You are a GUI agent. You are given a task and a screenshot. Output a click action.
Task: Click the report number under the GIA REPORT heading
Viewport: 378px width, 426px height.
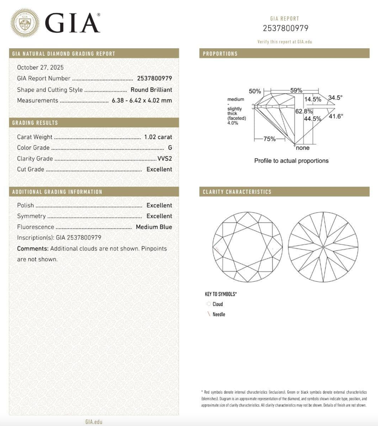(x=285, y=28)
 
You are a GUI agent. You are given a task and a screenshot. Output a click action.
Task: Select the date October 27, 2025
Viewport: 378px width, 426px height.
(x=40, y=67)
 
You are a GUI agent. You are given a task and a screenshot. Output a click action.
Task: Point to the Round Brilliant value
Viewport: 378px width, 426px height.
(x=151, y=90)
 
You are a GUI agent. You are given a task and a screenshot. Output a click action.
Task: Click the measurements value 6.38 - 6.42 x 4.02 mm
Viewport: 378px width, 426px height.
(x=142, y=100)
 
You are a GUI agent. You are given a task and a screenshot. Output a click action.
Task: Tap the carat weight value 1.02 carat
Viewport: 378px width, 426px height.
(x=158, y=137)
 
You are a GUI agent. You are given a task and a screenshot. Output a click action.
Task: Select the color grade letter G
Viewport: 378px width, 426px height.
(x=170, y=148)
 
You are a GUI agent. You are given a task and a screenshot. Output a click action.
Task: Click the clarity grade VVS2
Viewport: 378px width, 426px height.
(x=164, y=159)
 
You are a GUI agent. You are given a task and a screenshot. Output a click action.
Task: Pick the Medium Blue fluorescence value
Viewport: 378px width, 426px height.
(x=154, y=227)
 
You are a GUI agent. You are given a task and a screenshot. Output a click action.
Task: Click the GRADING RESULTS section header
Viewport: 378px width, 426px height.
(x=35, y=123)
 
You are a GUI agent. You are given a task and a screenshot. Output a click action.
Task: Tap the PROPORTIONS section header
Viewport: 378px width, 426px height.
(x=220, y=54)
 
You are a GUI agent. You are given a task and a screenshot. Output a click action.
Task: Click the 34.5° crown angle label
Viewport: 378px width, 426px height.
(x=335, y=98)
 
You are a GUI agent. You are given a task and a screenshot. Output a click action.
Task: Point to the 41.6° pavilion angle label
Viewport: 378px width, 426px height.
(x=336, y=116)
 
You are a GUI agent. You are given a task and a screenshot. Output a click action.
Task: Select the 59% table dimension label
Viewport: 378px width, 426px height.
(x=296, y=90)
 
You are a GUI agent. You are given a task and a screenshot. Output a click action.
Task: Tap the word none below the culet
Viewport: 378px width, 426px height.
(x=302, y=148)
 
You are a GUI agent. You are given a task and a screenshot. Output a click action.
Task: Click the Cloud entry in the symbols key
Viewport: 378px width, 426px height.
(x=218, y=304)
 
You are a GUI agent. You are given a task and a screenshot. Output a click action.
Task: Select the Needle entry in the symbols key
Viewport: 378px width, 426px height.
(x=219, y=314)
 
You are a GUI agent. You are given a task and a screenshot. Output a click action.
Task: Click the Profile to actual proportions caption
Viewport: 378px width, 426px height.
(x=291, y=161)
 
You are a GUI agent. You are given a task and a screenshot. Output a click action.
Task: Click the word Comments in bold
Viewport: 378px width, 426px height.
(x=33, y=249)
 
